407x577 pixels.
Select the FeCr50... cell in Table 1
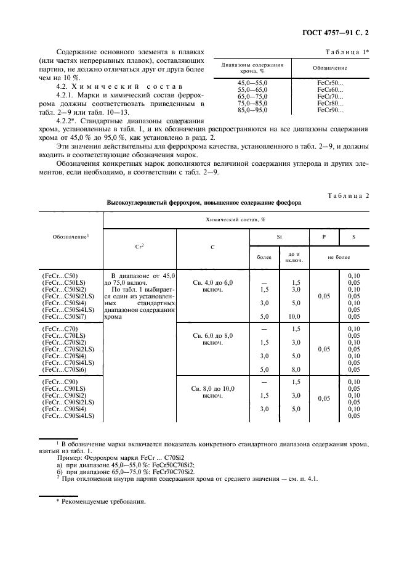330,82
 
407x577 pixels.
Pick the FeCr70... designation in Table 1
330,96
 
